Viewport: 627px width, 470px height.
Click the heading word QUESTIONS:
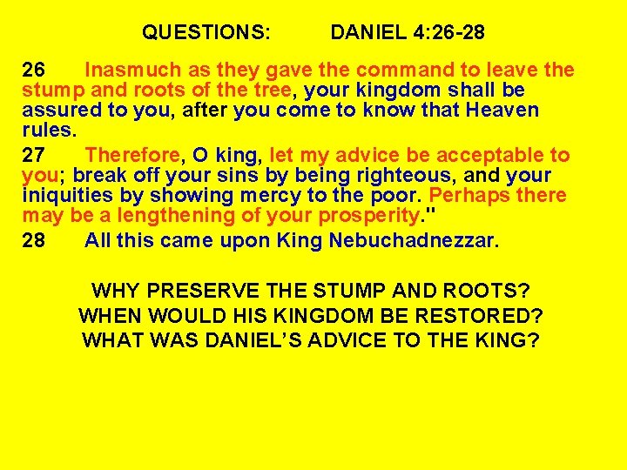point(206,34)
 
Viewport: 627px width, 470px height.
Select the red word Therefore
point(131,156)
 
